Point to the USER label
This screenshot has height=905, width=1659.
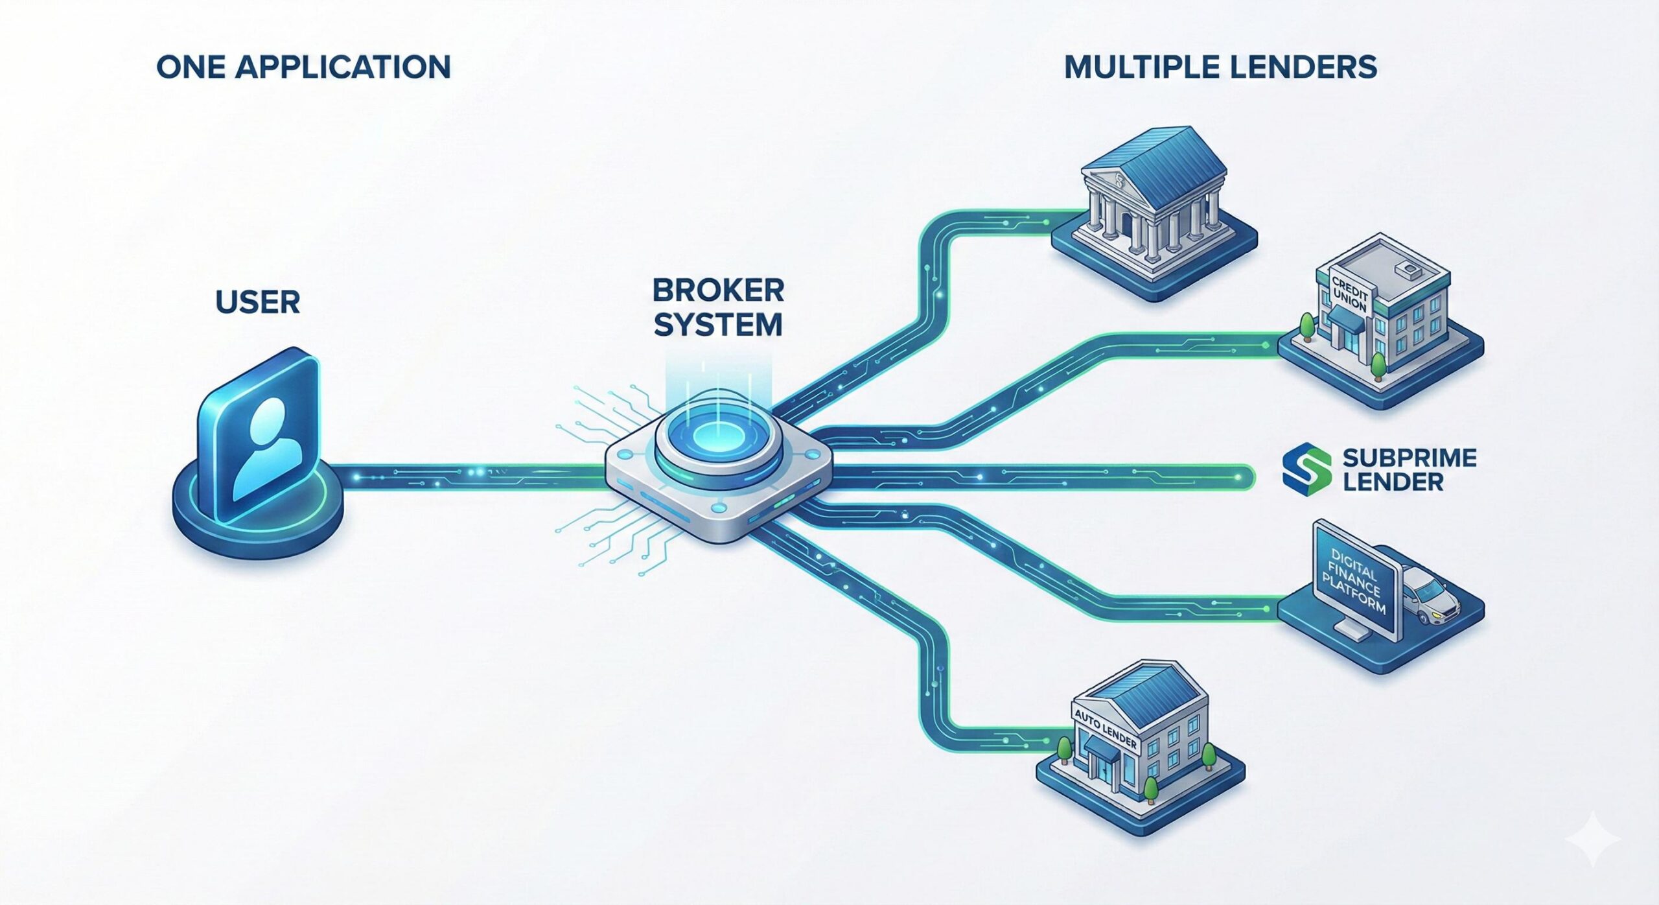[x=258, y=302]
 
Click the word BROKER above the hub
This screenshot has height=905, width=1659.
[x=718, y=290]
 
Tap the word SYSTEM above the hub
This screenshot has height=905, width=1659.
[x=718, y=324]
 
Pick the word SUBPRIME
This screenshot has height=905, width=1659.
[x=1410, y=458]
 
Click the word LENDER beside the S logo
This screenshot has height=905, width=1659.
[x=1393, y=482]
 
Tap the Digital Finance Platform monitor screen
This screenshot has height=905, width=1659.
[x=1354, y=580]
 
